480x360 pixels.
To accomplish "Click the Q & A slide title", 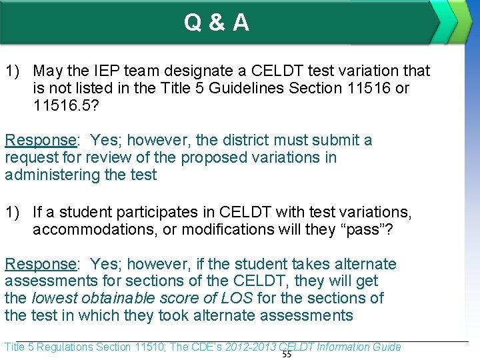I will click(x=217, y=23).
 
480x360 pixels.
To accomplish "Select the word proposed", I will click(x=215, y=157).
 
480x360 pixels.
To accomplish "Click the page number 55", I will click(x=287, y=355).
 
